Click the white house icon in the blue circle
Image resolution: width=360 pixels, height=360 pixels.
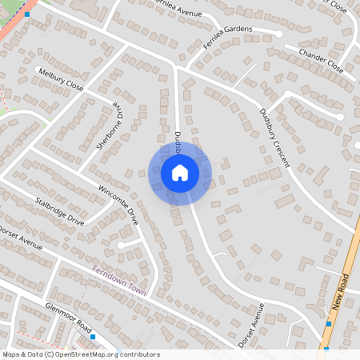pos(179,173)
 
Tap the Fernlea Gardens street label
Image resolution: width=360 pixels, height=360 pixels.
pos(227,37)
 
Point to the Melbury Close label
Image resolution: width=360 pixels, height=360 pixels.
pos(60,79)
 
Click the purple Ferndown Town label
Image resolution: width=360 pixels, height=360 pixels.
pos(119,281)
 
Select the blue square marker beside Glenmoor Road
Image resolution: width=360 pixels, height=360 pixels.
pos(93,337)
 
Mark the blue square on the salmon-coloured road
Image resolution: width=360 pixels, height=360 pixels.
pos(27,14)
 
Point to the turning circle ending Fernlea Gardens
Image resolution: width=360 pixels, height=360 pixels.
pos(279,34)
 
